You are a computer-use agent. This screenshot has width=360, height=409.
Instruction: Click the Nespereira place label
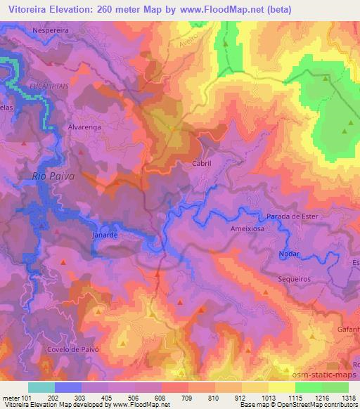tap(53, 30)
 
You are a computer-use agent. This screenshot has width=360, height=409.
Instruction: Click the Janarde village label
tap(105, 236)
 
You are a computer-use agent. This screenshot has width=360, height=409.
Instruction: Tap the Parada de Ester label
tap(293, 216)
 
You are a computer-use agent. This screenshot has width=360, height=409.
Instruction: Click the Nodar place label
tap(288, 254)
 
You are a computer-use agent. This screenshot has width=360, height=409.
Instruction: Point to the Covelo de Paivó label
tap(77, 349)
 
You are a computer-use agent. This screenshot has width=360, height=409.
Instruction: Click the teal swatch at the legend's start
tap(41, 387)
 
